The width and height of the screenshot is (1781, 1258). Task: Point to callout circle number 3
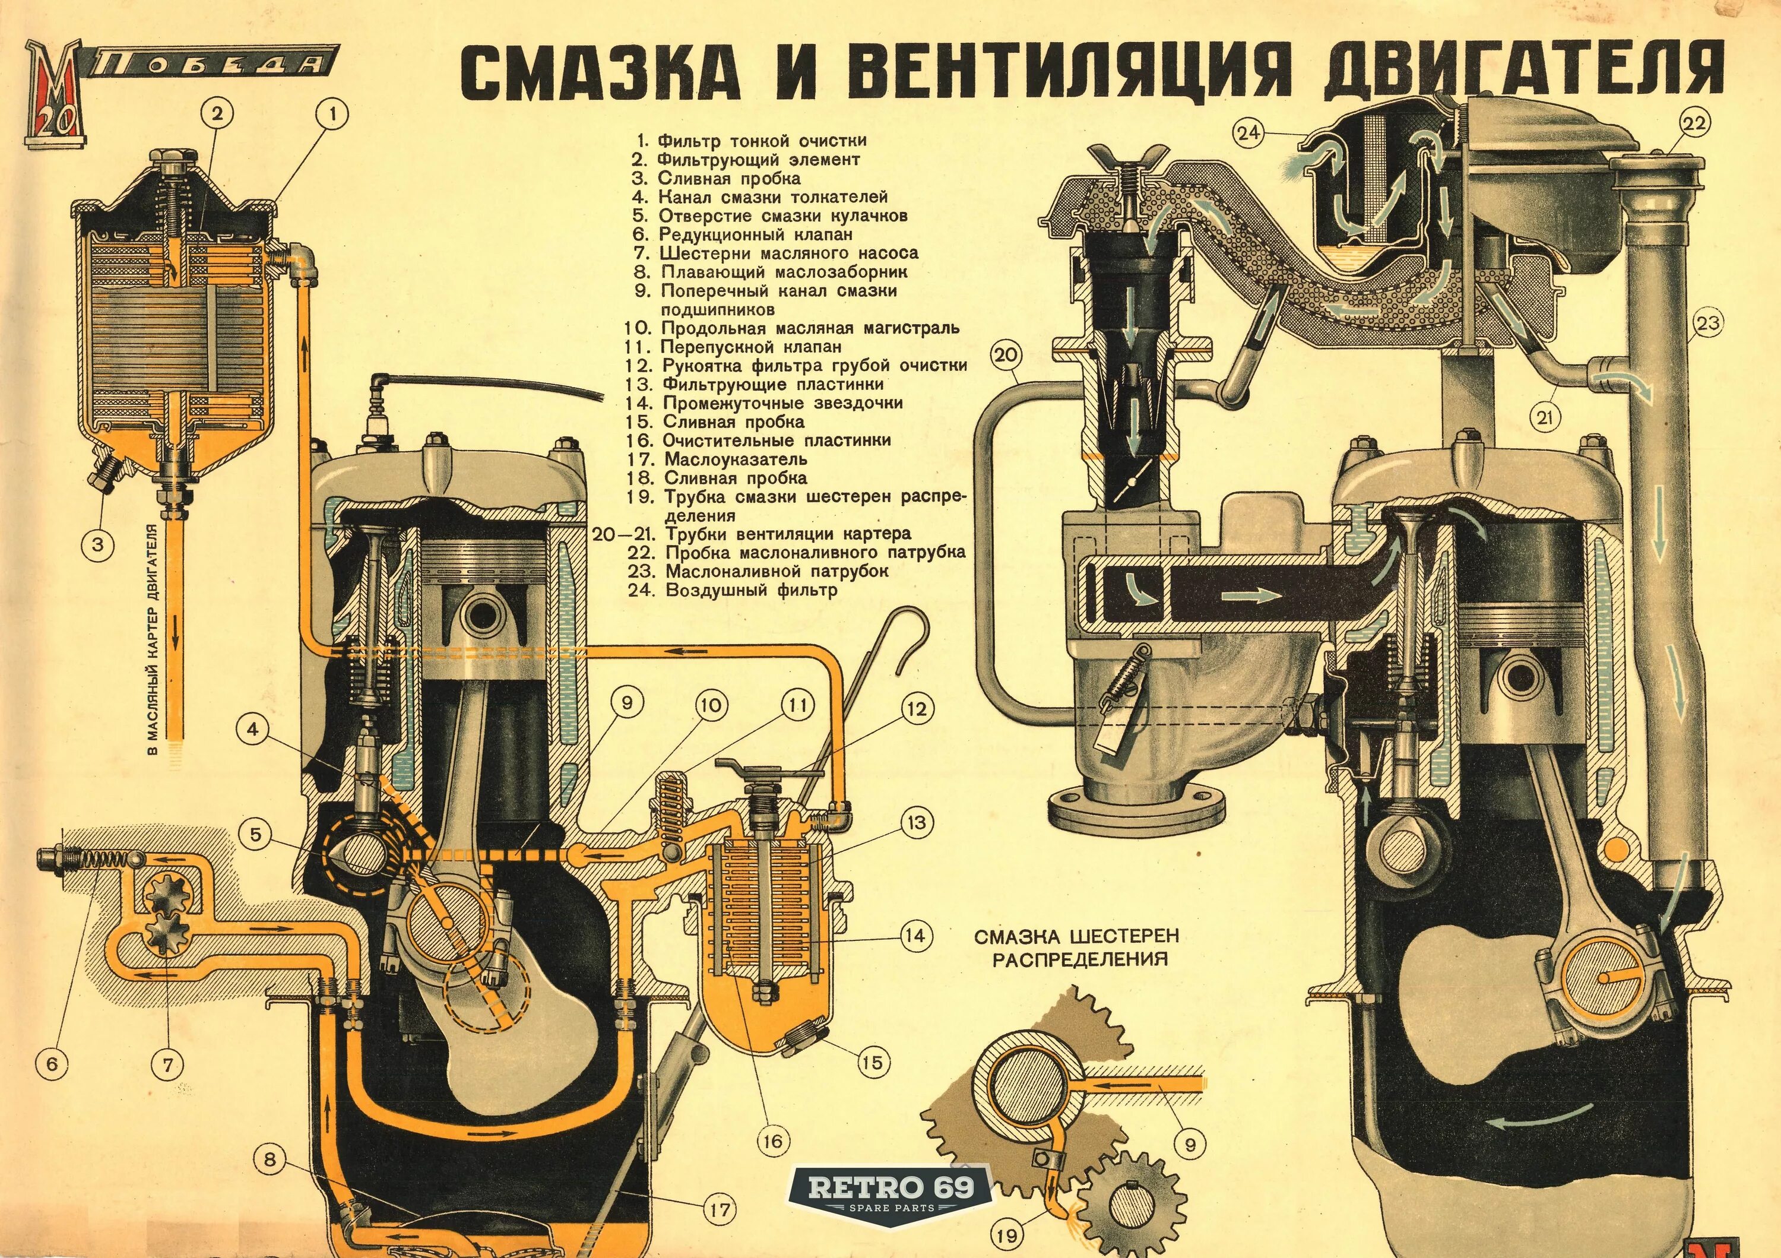(98, 544)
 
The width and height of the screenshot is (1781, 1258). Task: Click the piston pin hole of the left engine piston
(483, 615)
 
